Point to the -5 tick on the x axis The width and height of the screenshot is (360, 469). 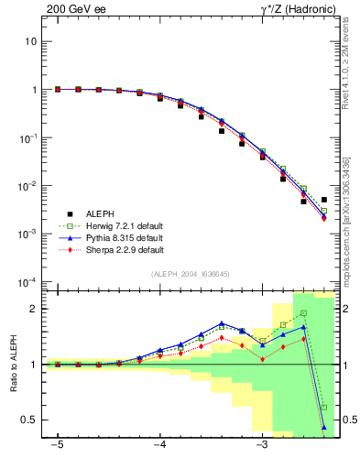point(57,446)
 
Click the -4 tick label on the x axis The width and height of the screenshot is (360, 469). point(159,446)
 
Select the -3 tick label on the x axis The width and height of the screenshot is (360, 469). point(261,446)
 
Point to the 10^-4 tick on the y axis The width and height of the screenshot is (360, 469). point(28,281)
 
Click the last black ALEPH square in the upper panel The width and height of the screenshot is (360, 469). point(324,200)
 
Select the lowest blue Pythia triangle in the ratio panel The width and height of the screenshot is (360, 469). point(324,427)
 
